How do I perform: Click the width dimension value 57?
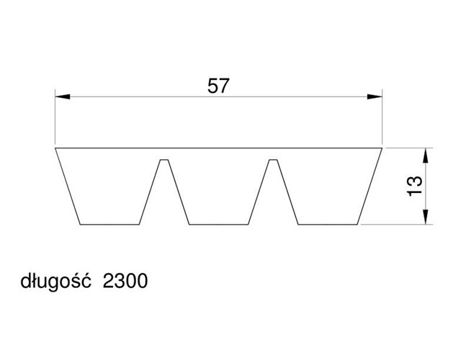tap(218, 86)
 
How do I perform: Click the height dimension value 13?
tap(414, 186)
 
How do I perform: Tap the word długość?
tap(55, 281)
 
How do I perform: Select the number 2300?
tap(125, 281)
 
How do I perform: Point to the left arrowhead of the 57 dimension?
tap(63, 96)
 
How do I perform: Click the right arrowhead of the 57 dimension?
tap(375, 96)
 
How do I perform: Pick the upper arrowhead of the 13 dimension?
tap(426, 156)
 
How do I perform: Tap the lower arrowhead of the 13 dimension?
tap(426, 217)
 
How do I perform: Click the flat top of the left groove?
tap(164, 160)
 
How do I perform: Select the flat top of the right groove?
tap(273, 160)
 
